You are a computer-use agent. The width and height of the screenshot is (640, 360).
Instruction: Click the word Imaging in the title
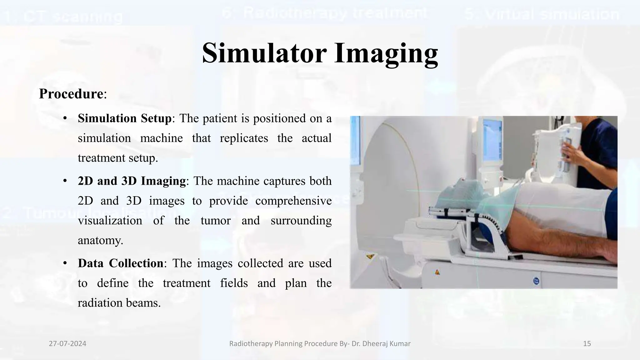coord(386,54)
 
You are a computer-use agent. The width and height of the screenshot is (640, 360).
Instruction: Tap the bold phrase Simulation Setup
coord(124,118)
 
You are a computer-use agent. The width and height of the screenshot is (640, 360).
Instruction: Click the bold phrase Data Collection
coord(120,263)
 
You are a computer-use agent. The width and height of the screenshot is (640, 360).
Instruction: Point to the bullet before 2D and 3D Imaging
coord(65,181)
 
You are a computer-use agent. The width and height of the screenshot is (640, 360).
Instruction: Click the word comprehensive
coord(293,201)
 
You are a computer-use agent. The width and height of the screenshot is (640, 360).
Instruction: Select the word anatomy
coord(100,240)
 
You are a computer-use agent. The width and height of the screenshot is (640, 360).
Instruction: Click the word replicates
coord(244,138)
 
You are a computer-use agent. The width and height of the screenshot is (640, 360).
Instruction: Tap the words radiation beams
coord(119,303)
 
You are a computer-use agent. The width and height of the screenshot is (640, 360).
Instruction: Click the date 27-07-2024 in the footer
coord(67,344)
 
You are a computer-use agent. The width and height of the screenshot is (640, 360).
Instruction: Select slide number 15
coord(587,344)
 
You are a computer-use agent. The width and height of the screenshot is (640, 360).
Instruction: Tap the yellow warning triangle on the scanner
coord(370,257)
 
